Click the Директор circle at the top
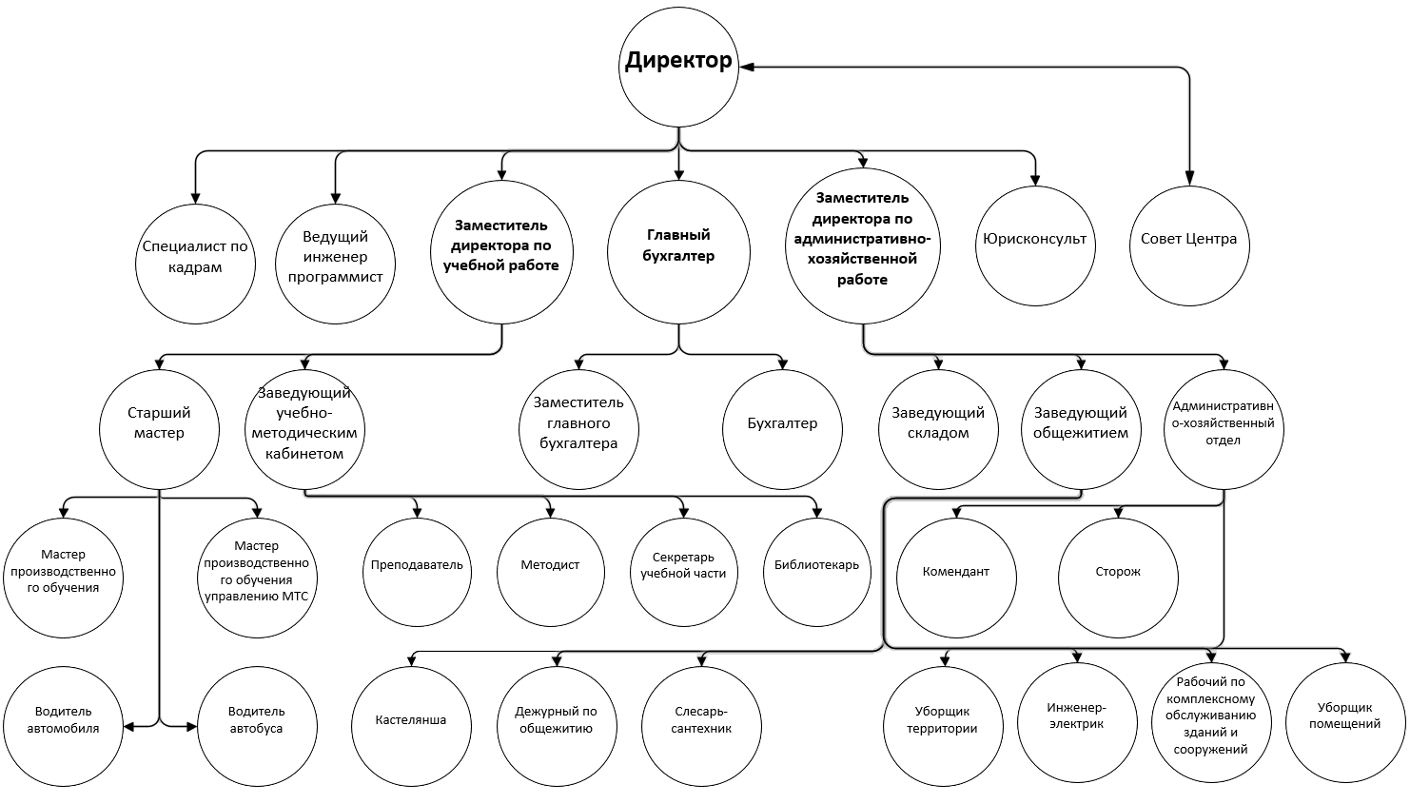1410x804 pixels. (x=678, y=68)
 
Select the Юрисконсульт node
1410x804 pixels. (x=1035, y=245)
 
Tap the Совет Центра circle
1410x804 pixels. (x=1189, y=245)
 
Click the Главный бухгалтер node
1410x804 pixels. (x=678, y=252)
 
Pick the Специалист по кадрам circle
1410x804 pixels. (x=195, y=264)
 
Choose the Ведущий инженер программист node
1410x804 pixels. (x=336, y=264)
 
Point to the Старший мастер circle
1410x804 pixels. (x=159, y=429)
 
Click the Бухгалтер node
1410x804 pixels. (x=782, y=429)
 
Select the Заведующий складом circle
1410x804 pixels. (x=938, y=429)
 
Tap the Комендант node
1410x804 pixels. (x=956, y=578)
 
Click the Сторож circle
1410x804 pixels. (x=1118, y=578)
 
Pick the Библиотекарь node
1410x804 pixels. (x=817, y=572)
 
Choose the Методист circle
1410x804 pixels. (x=551, y=572)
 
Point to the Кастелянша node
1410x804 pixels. (x=411, y=726)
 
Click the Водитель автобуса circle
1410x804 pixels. (x=257, y=726)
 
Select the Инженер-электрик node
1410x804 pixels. (x=1077, y=723)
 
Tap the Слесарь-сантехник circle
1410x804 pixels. (x=701, y=726)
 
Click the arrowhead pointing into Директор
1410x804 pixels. (x=747, y=67)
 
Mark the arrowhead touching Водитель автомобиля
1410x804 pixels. (x=129, y=727)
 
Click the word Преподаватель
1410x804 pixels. (x=417, y=565)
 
